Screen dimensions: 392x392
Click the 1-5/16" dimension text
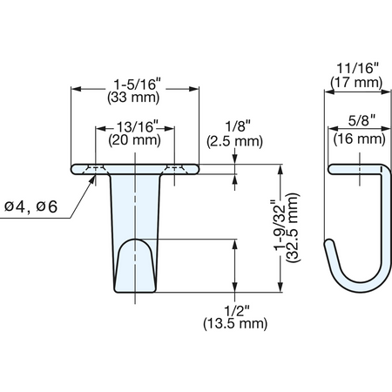(x=137, y=84)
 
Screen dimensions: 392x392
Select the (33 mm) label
(x=133, y=98)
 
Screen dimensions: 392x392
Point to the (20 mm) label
(x=134, y=140)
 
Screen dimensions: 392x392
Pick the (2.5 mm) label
(x=234, y=141)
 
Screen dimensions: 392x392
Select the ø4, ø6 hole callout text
(x=30, y=206)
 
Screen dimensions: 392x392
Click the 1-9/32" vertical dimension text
(x=280, y=225)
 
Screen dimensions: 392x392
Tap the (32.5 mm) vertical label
(x=293, y=227)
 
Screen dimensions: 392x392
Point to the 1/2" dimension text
(x=237, y=312)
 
